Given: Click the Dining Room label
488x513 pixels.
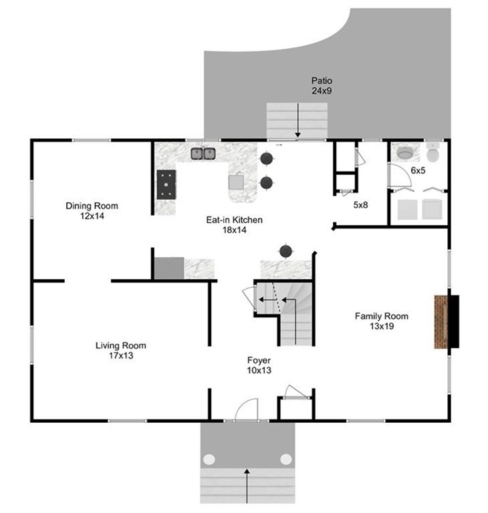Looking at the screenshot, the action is tap(92, 206).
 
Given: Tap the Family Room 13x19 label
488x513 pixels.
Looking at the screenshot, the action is tap(382, 321).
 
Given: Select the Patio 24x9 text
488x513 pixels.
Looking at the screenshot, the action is tap(322, 85).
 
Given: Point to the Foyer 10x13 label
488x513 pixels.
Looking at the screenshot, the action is tap(259, 365).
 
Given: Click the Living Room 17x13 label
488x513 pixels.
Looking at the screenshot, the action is tap(121, 351).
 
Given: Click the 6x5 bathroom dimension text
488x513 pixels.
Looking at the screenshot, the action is tap(418, 170).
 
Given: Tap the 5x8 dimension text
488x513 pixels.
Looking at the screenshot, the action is tap(360, 205).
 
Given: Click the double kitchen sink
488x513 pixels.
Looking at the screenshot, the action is tap(203, 154).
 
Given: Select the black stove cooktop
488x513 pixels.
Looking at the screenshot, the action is tap(166, 184).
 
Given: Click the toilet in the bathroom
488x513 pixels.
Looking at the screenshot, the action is tap(433, 153).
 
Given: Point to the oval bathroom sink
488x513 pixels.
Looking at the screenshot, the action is tap(405, 152).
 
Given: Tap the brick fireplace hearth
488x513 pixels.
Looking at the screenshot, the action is tap(441, 322).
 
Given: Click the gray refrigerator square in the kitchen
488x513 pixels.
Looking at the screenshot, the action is tap(169, 269).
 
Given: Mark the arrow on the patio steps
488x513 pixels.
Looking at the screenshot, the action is tap(297, 120).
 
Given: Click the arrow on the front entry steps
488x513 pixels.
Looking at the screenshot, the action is tap(247, 486).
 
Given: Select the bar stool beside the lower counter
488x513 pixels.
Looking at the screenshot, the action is tap(286, 251).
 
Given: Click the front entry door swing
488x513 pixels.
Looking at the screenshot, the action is tap(246, 409).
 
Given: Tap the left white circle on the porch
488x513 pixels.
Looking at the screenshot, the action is tap(209, 460).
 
